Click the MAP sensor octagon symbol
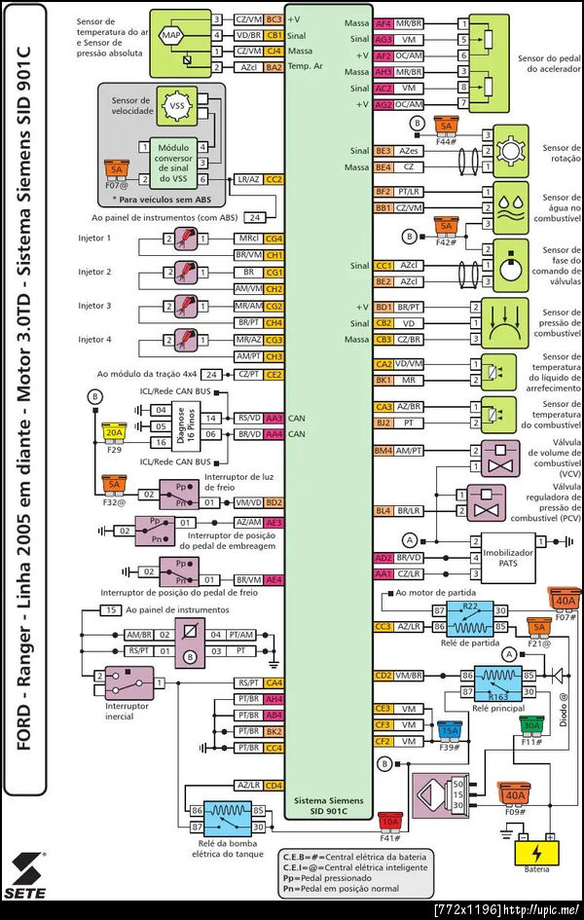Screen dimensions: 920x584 pyautogui.click(x=172, y=36)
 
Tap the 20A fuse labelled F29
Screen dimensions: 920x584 pyautogui.click(x=114, y=432)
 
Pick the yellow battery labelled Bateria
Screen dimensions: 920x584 pyautogui.click(x=535, y=854)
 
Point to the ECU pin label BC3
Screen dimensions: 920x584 pyautogui.click(x=274, y=19)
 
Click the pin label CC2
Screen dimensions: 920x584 pyautogui.click(x=274, y=180)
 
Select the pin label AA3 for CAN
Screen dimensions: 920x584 pyautogui.click(x=274, y=419)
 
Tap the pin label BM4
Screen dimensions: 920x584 pyautogui.click(x=383, y=451)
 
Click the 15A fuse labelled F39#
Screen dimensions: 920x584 pyautogui.click(x=449, y=731)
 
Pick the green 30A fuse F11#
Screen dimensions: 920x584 pyautogui.click(x=531, y=726)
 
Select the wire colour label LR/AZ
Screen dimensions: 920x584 pyautogui.click(x=247, y=180)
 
